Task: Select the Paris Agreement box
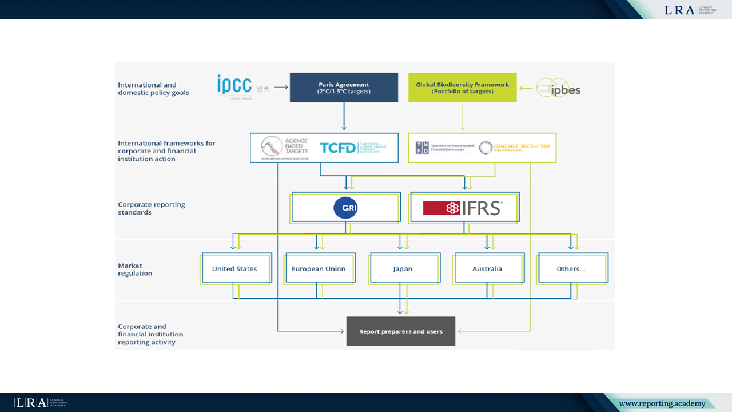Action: tap(344, 88)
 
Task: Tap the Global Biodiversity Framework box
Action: tap(462, 88)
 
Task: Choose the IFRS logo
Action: tap(463, 208)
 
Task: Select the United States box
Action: tap(234, 269)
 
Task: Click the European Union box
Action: tap(319, 269)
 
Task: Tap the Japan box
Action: tap(403, 269)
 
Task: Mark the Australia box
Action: tap(487, 269)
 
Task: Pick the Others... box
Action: tap(571, 269)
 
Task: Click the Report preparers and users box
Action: tap(401, 331)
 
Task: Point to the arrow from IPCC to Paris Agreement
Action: tap(280, 88)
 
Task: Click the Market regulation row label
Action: tap(135, 270)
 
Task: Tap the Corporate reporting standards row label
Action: tap(152, 208)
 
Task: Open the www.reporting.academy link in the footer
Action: tap(662, 404)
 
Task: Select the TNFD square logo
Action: tap(422, 148)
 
